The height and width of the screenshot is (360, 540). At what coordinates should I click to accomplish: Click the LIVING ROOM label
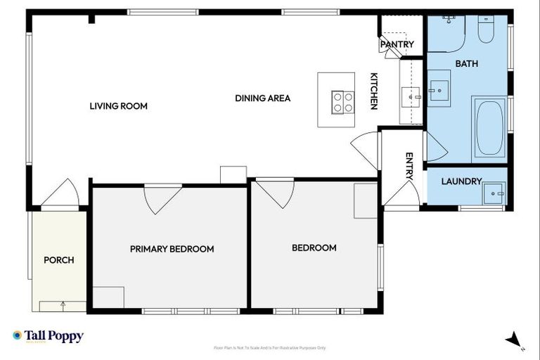118,106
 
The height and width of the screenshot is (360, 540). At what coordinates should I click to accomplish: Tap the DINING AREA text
262,98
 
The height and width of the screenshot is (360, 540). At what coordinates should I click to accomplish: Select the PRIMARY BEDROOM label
172,249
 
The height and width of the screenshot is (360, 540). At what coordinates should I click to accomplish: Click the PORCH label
59,260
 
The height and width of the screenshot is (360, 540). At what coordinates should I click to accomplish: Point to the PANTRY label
397,44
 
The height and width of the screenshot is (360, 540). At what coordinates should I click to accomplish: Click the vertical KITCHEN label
374,91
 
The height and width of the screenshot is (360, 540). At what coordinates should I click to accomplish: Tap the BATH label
466,64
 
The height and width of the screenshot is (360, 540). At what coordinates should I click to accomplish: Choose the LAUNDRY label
461,181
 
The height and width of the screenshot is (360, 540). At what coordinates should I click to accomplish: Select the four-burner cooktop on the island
343,103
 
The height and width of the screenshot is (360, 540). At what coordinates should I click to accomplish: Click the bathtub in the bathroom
489,128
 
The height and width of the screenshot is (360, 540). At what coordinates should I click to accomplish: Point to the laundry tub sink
496,192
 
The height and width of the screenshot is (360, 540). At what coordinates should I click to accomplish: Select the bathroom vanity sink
439,89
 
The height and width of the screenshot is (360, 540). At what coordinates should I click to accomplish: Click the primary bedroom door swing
162,197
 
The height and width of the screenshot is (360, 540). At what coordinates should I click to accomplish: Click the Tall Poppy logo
48,336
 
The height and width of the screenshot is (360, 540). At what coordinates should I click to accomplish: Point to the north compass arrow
515,340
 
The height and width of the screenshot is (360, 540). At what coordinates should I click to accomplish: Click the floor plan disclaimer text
269,347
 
